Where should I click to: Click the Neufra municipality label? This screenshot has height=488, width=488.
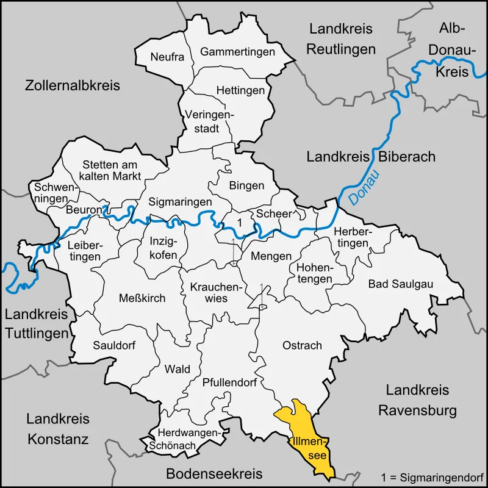pos(167,57)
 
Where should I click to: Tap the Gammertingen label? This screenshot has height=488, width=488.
pos(237,52)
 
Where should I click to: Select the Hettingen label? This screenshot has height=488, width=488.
pos(241,90)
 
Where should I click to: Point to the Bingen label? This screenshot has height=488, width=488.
pos(246,185)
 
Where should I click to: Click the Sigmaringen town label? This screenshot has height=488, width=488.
pos(181,201)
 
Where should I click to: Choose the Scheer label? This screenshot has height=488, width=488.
pos(273,213)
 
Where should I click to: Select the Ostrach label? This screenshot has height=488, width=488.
pos(302,345)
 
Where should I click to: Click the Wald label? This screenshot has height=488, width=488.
pos(178,369)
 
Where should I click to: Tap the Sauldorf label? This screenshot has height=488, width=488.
pos(114,345)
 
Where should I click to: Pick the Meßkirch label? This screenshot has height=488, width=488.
pos(142,297)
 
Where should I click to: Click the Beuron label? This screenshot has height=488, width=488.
pos(84,210)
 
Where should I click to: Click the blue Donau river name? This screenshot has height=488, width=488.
pos(364,187)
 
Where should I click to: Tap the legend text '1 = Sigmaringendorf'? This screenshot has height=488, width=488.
pos(431,476)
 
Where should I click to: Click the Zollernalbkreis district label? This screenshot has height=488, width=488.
pos(73,85)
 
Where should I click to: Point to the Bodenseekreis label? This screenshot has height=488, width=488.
pos(214,474)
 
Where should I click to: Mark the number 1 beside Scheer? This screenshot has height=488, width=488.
pos(240,223)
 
